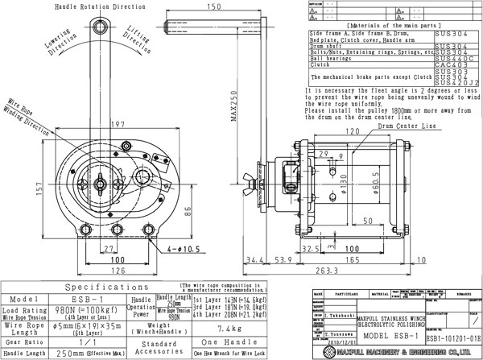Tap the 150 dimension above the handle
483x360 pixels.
(x=213, y=7)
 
